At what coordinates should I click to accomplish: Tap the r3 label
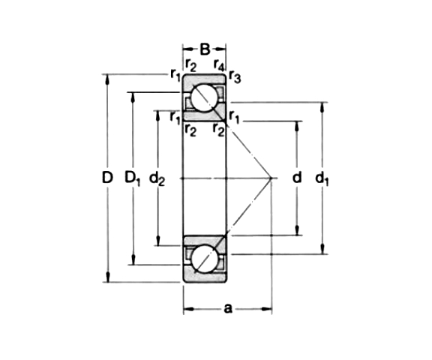(235, 76)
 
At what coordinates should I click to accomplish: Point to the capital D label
(106, 178)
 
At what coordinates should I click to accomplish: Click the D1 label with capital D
(132, 178)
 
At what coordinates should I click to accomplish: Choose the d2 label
(157, 178)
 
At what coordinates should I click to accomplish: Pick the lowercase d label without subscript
(296, 178)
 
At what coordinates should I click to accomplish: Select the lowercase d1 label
(322, 178)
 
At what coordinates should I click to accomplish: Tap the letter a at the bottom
(227, 307)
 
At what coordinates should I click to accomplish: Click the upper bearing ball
(205, 98)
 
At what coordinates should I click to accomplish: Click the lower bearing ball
(205, 259)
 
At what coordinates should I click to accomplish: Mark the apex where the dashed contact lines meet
(271, 178)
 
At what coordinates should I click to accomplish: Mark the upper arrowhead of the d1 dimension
(322, 106)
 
